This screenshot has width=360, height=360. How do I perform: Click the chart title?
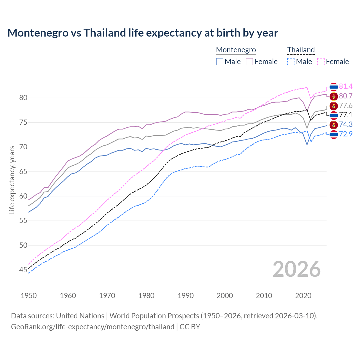click(x=143, y=33)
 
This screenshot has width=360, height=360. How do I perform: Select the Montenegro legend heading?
click(x=236, y=50)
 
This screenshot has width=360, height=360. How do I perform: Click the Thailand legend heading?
click(x=301, y=50)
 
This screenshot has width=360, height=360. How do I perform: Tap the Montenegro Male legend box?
click(x=220, y=62)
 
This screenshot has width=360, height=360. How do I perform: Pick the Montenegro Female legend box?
click(x=249, y=62)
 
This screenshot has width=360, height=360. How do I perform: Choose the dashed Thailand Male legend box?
click(x=291, y=62)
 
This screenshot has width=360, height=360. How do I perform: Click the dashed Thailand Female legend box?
click(x=321, y=62)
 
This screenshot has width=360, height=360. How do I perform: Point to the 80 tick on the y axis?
click(x=23, y=98)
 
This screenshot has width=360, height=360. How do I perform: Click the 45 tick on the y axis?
click(x=23, y=270)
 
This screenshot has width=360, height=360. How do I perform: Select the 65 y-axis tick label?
click(x=23, y=172)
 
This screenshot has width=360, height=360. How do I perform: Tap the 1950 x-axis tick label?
click(x=29, y=296)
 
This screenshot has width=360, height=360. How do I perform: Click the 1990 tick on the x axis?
click(x=186, y=296)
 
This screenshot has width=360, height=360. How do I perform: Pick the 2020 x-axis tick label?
click(x=303, y=296)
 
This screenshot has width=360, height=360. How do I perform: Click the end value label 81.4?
click(x=346, y=86)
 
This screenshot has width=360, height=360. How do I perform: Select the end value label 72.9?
click(x=346, y=134)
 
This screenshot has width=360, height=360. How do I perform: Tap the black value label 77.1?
click(x=346, y=115)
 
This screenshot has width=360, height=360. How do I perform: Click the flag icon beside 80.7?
click(x=334, y=96)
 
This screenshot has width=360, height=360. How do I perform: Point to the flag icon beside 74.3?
click(x=334, y=125)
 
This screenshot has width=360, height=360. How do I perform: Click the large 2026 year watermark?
click(x=297, y=269)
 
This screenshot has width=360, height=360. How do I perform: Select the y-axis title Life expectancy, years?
click(x=12, y=180)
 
